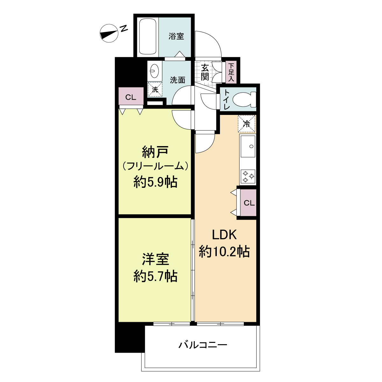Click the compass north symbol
tap(109, 33)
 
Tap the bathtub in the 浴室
tap(148, 36)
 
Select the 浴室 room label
tap(176, 36)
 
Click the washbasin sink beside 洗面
tap(155, 71)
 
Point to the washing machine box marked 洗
tap(155, 89)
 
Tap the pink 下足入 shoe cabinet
tap(231, 72)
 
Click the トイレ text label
tap(227, 99)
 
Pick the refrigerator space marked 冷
tap(247, 124)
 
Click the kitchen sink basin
tap(248, 146)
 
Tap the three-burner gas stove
tap(248, 176)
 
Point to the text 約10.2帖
tap(224, 251)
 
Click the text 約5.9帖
tap(155, 182)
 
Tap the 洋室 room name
tap(155, 259)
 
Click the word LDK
tap(224, 235)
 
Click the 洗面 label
tap(178, 80)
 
